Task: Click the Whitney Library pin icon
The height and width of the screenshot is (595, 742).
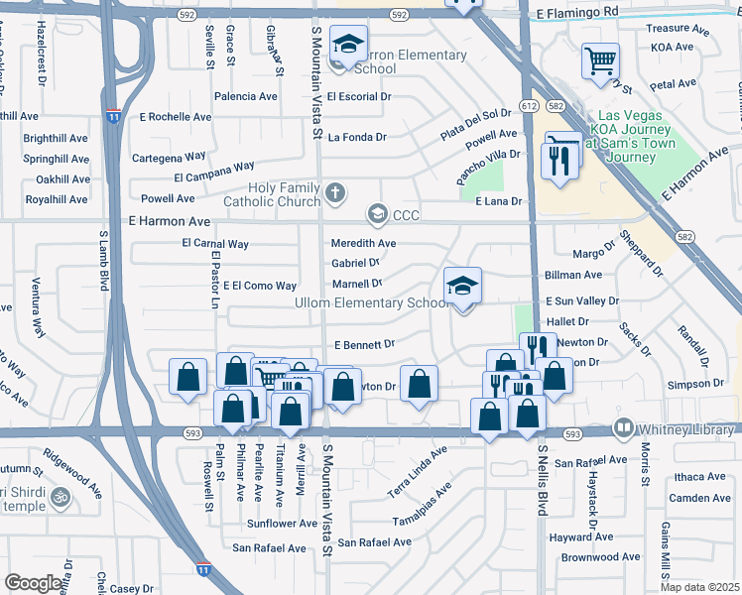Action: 624,429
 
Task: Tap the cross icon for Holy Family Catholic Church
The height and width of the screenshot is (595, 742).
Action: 336,191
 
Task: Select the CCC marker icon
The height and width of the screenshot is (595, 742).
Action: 377,213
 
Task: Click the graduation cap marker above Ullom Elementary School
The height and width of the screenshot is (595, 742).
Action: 462,288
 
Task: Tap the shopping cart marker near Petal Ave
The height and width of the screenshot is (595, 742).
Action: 601,61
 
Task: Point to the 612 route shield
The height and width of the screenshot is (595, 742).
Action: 528,105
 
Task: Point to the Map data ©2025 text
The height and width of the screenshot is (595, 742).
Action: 700,587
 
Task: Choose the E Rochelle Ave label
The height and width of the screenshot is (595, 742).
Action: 175,117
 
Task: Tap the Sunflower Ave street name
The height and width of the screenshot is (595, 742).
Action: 282,523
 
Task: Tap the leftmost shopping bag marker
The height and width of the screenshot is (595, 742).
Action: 187,378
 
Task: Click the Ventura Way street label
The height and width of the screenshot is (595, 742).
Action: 39,309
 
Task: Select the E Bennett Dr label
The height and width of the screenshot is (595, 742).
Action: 364,344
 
